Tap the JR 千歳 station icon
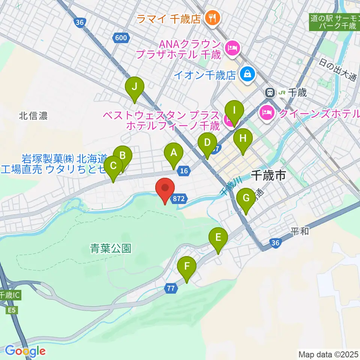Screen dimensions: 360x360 click(x=269, y=92)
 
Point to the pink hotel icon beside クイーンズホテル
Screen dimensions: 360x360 click(x=267, y=112)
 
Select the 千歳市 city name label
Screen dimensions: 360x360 click(x=268, y=175)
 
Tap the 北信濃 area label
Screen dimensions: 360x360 click(x=33, y=116)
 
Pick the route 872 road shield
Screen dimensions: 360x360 click(x=178, y=199)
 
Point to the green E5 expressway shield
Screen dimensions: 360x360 click(x=12, y=310)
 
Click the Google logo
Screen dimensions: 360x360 click(x=25, y=351)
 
